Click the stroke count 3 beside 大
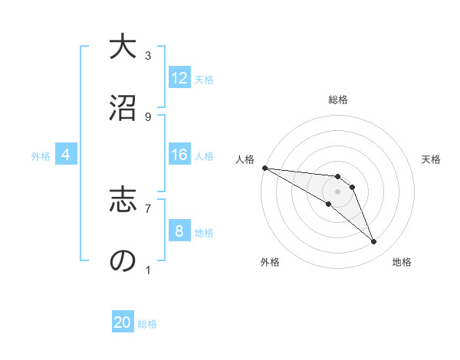[x=148, y=55]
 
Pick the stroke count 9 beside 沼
[x=148, y=116]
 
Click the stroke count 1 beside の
[x=148, y=270]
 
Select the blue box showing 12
[x=179, y=78]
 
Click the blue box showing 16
[x=179, y=155]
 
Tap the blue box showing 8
[x=179, y=231]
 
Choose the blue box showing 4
[x=66, y=155]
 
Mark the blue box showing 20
[x=123, y=323]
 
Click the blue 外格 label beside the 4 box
[x=41, y=155]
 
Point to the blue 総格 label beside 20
[x=147, y=324]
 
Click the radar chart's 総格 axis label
[x=337, y=100]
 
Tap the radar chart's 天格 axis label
[x=432, y=159]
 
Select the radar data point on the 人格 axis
[x=264, y=168]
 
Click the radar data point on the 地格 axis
[x=373, y=241]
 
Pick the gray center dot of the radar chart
[x=337, y=191]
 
